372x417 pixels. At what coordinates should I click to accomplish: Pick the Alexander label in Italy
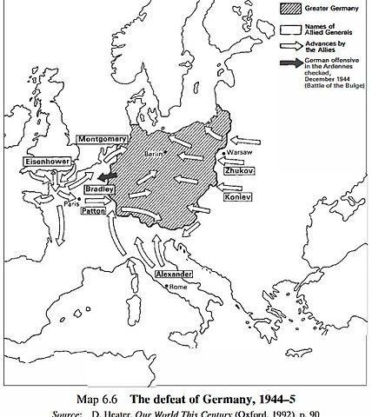pos(174,275)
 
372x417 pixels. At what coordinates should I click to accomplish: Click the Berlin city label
pos(157,153)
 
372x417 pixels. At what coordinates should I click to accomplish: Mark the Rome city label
pos(179,287)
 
